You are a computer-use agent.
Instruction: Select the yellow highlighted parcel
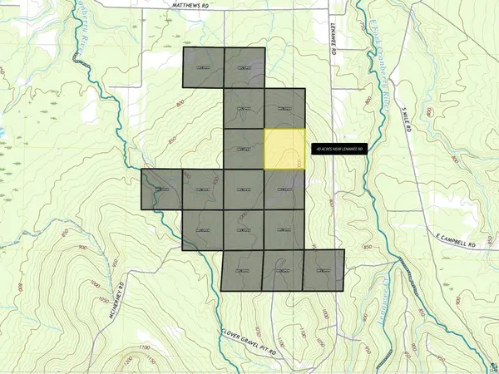(285, 150)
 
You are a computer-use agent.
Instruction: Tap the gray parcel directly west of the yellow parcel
(245, 150)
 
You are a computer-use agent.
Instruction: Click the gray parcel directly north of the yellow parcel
(285, 109)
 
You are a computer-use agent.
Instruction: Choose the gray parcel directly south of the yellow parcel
(285, 190)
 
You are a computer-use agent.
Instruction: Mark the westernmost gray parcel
(162, 189)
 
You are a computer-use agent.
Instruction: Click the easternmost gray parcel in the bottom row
(324, 270)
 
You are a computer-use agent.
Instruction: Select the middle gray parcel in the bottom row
(284, 271)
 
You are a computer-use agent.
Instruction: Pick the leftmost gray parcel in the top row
(204, 67)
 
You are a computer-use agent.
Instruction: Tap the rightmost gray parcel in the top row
(245, 67)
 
